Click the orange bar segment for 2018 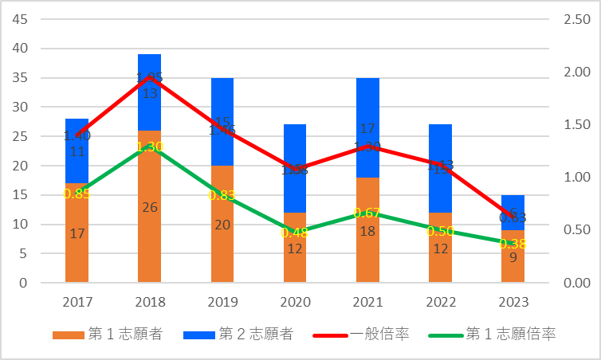(x=149, y=239)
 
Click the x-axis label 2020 (x=295, y=303)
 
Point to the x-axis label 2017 (x=77, y=303)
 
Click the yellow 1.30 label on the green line (x=149, y=147)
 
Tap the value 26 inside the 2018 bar (x=149, y=208)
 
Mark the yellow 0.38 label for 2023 (x=513, y=244)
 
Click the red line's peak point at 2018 (x=149, y=77)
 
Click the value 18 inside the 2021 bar (x=367, y=231)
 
